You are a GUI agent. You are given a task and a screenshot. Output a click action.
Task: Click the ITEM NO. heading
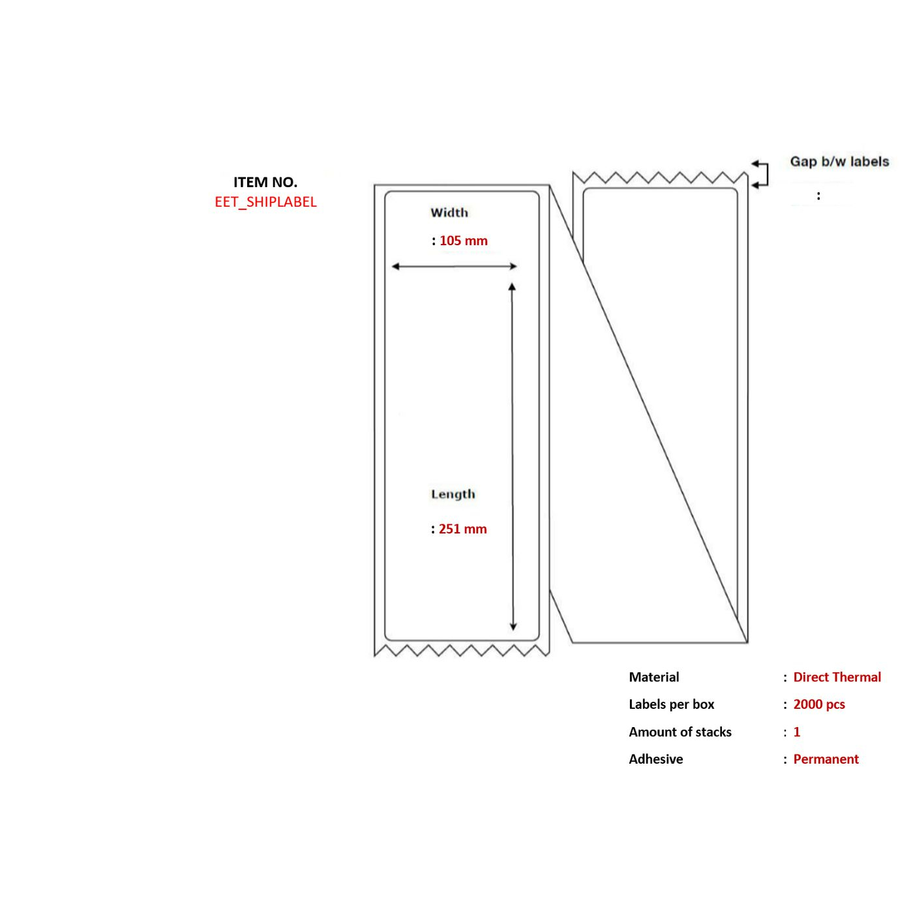[x=265, y=182]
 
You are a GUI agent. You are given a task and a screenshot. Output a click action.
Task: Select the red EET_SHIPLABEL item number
[x=265, y=202]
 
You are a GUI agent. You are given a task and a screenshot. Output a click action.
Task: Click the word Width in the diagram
[x=449, y=212]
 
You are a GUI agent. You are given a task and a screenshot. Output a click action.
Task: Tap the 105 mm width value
[x=464, y=241]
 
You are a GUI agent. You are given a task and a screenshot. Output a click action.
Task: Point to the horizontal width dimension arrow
[x=455, y=266]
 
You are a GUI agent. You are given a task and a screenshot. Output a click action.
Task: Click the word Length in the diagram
[x=453, y=494]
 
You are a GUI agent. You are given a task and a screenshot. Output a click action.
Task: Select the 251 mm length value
[x=462, y=529]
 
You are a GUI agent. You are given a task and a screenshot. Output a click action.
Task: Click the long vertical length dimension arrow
[x=513, y=456]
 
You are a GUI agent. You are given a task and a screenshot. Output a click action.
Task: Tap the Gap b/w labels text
[x=839, y=162]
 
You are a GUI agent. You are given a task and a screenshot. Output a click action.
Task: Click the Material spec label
[x=654, y=677]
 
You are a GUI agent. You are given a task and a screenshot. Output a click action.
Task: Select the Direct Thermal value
[x=837, y=677]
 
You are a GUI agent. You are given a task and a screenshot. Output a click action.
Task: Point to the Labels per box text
[x=671, y=704]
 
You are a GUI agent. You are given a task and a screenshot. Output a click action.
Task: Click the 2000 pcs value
[x=819, y=704]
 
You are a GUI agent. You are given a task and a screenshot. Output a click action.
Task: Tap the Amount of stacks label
[x=680, y=732]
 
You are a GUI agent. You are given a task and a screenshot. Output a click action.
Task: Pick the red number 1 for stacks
[x=797, y=732]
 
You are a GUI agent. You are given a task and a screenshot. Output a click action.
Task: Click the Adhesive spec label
[x=656, y=759]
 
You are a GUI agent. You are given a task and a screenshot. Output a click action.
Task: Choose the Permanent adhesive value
[x=826, y=759]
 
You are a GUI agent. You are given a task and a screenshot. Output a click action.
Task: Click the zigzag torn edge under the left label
[x=462, y=650]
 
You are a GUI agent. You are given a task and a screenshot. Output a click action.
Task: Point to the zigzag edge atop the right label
[x=661, y=177]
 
